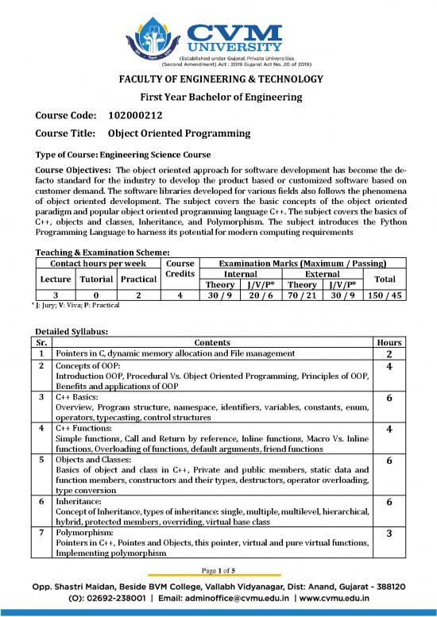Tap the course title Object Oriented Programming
pyautogui.click(x=179, y=133)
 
